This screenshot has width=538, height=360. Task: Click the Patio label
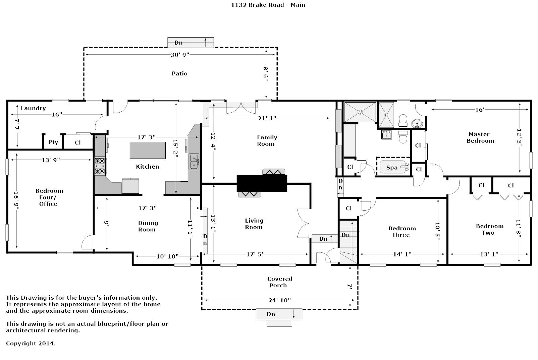tap(179, 73)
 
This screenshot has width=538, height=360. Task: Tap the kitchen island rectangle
tap(148, 150)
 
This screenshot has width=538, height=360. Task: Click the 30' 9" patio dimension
tap(180, 55)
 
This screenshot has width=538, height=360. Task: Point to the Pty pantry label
tap(53, 142)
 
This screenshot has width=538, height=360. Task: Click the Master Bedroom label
tap(480, 137)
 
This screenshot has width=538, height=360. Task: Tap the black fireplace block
tap(262, 183)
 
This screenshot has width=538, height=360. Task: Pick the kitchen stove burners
tap(100, 166)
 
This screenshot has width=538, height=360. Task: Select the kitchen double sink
tap(194, 162)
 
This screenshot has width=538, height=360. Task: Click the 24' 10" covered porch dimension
tap(280, 300)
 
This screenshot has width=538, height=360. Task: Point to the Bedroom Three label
tap(402, 232)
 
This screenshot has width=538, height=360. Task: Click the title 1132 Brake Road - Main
tap(268, 5)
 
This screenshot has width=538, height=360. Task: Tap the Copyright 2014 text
tap(31, 344)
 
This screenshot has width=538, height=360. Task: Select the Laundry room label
tap(33, 108)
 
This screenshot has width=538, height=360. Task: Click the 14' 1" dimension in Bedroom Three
tap(402, 254)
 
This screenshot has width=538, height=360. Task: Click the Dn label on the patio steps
tap(178, 43)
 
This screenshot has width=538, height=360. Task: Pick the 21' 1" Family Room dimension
tap(267, 118)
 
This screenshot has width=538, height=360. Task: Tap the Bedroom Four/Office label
tap(49, 197)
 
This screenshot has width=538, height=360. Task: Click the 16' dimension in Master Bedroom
tap(479, 110)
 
